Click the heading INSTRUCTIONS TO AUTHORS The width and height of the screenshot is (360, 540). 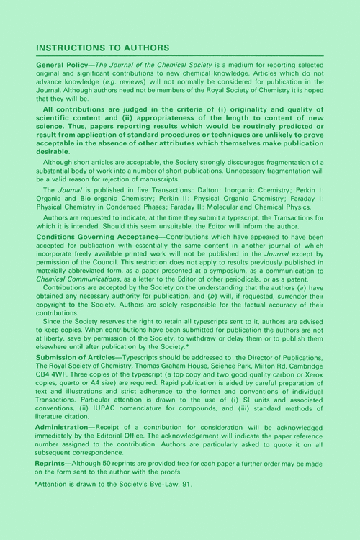tap(102, 48)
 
